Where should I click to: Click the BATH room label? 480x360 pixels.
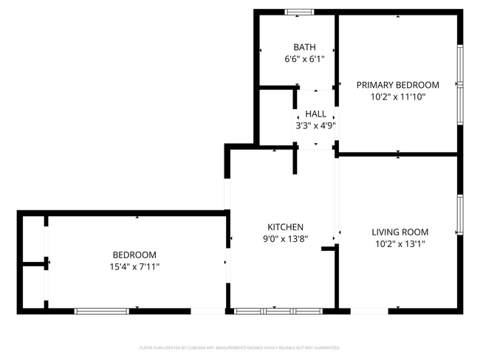(x=304, y=47)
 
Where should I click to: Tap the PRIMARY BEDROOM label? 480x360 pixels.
(x=397, y=85)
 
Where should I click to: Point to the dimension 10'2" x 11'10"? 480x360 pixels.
(x=397, y=97)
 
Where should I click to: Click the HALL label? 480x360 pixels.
(x=315, y=114)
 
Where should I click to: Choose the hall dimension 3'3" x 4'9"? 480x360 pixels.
(x=315, y=125)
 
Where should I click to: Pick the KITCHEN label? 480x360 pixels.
(x=285, y=227)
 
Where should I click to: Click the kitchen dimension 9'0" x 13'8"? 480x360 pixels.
(x=285, y=239)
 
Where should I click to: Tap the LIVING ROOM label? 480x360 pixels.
(x=400, y=232)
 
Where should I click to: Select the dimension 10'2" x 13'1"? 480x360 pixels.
(x=400, y=244)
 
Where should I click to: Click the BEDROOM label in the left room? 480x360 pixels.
(x=134, y=255)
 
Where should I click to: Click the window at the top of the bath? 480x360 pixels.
(x=299, y=11)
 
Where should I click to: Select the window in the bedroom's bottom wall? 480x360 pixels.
(x=102, y=311)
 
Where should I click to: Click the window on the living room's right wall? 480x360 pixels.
(x=459, y=216)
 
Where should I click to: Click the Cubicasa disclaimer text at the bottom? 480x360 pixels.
(x=239, y=347)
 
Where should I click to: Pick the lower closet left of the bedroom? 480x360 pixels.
(x=33, y=286)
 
